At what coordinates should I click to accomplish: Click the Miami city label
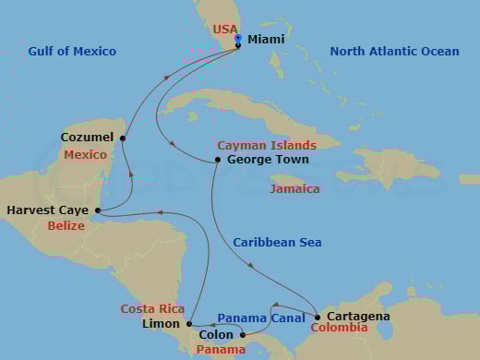coord(265,40)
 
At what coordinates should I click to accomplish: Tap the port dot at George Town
coord(217,160)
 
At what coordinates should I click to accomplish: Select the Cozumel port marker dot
coord(122,138)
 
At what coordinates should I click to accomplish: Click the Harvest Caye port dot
coord(97,210)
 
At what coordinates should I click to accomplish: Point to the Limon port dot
coord(188,323)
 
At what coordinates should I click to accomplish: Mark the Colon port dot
coord(243,335)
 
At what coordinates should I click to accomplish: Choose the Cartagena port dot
coord(317,317)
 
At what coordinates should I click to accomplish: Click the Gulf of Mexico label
coord(72,51)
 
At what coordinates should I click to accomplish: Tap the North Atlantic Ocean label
coord(394,51)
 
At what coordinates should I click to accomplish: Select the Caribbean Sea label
coord(277,242)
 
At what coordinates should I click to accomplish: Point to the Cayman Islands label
coord(267,145)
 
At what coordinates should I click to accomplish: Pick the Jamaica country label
coord(295,189)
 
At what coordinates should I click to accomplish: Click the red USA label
coord(225,30)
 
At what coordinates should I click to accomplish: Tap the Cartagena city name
coord(358,317)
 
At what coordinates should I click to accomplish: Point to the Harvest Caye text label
coord(47,210)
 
